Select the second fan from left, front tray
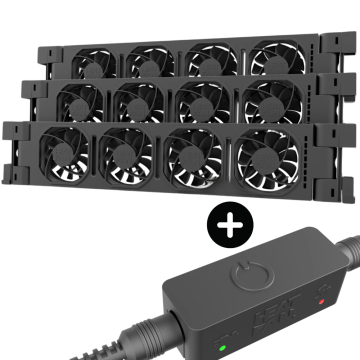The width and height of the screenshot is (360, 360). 128,159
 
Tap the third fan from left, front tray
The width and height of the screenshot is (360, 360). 193,160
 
